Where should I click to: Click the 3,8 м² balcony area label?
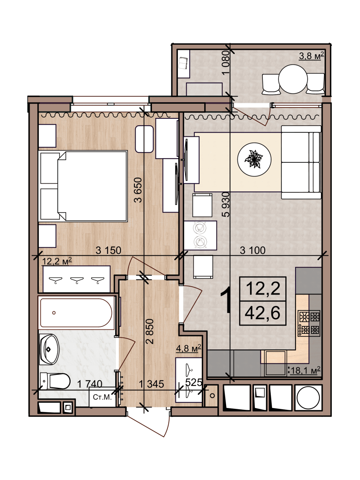[x=311, y=56]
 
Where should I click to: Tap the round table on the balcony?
[x=293, y=79]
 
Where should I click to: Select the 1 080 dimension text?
[x=226, y=63]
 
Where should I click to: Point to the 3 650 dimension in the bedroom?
[x=138, y=190]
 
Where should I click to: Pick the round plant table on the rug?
[x=254, y=160]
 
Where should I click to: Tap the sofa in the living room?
[x=301, y=162]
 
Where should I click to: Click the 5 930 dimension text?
[x=226, y=205]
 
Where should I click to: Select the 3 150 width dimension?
[x=108, y=250]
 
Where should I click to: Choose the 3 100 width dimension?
[x=253, y=250]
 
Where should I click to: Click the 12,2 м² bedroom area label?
[x=57, y=261]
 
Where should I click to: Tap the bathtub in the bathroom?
[x=76, y=313]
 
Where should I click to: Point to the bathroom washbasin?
[x=49, y=349]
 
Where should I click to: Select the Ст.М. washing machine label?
[x=102, y=397]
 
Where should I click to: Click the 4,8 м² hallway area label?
[x=189, y=348]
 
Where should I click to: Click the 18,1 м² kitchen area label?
[x=305, y=371]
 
